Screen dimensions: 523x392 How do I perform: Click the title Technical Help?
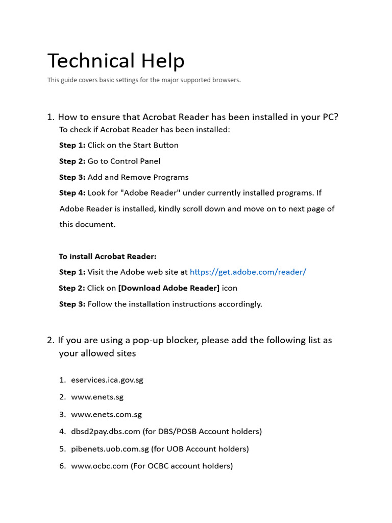(x=116, y=61)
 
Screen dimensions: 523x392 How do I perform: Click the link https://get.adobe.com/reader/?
(x=248, y=272)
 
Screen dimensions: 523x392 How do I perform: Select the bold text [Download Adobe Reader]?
(x=168, y=288)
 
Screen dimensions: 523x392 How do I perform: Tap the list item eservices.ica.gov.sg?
(x=107, y=380)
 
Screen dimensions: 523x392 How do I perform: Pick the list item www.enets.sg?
(x=97, y=397)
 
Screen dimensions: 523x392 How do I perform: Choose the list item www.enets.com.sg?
(x=106, y=414)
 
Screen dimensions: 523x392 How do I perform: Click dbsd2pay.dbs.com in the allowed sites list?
(x=106, y=432)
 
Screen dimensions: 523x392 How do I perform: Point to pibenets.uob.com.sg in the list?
(x=110, y=449)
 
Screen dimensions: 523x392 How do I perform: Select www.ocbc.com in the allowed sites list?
(x=100, y=466)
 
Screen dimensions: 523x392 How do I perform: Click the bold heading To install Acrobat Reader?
(x=108, y=256)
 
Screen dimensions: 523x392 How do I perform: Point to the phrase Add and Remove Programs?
(x=138, y=177)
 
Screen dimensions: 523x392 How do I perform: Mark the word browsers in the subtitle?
(x=226, y=80)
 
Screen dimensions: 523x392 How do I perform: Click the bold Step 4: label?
(x=72, y=193)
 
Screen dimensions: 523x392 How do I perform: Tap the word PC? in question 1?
(x=330, y=117)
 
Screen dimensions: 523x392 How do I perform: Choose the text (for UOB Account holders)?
(x=200, y=449)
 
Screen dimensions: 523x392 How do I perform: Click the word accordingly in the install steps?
(x=241, y=304)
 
